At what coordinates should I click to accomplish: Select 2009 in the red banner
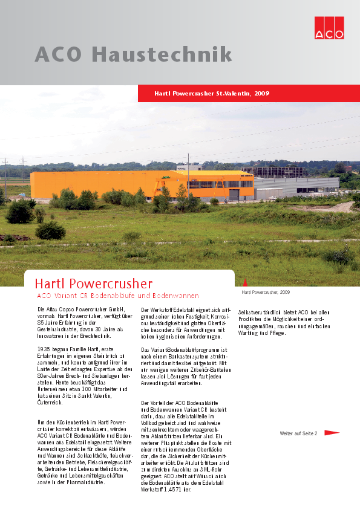(x=262, y=94)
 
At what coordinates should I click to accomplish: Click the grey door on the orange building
(x=234, y=195)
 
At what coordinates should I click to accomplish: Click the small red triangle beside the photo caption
(x=245, y=282)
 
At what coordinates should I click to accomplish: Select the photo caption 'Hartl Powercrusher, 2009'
(x=266, y=292)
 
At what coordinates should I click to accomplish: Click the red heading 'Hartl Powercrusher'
(x=94, y=283)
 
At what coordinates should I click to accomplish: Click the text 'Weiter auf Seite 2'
(x=298, y=433)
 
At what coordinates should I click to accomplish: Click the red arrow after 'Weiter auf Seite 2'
(x=332, y=433)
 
